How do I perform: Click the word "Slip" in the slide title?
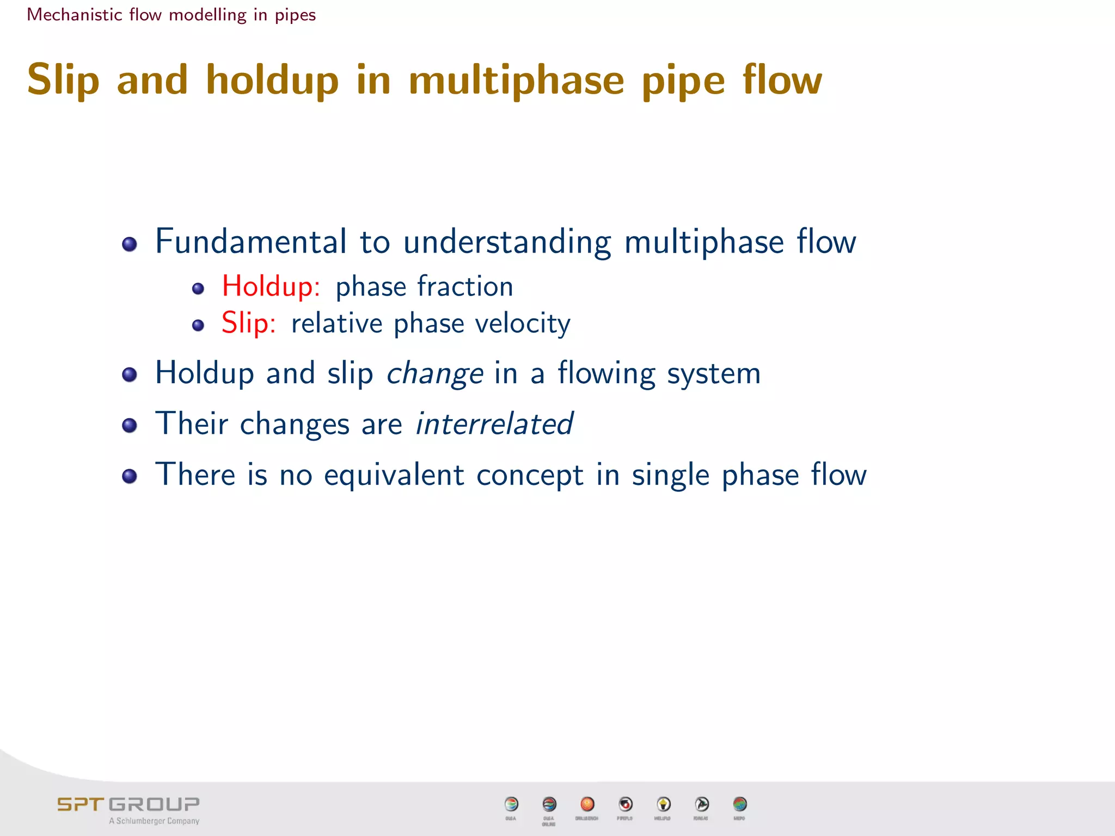63,80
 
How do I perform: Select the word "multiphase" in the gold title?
516,80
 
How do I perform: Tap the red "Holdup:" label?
271,286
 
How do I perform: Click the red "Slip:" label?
248,323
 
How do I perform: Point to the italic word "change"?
434,374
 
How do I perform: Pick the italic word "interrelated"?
494,424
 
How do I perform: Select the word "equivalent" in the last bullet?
394,475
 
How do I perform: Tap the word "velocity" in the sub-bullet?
523,324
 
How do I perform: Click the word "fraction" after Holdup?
465,286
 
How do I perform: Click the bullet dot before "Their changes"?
130,425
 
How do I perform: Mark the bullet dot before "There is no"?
130,476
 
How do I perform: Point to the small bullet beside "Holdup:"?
198,288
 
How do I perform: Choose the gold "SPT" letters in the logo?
80,804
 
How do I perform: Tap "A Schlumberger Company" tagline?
154,821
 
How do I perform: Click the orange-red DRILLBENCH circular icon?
587,804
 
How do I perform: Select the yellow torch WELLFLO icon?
663,804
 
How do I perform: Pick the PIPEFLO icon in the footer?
626,804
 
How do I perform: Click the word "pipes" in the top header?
295,15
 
